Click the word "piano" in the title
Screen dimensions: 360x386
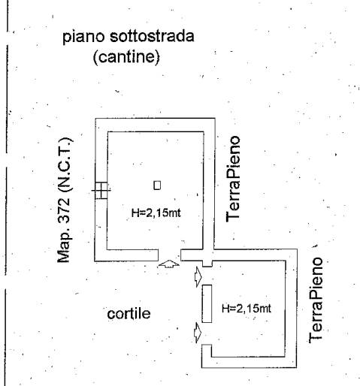83,38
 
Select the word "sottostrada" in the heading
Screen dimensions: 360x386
152,36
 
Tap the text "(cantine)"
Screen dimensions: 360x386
126,57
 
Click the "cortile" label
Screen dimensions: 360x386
129,314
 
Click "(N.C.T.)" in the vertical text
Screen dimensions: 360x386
65,164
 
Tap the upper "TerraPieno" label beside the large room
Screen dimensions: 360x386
233,179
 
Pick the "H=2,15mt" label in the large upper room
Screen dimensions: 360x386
156,213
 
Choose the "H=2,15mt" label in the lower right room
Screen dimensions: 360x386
247,308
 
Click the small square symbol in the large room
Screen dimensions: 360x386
157,185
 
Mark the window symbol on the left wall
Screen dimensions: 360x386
101,191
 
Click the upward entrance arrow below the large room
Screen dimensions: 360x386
169,264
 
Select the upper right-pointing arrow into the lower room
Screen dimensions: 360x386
198,276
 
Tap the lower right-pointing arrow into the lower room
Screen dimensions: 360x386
198,333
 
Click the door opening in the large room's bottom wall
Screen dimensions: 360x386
169,255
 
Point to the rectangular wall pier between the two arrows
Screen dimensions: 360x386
207,303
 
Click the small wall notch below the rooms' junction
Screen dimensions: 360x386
207,264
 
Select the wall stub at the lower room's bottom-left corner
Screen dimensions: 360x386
207,351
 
